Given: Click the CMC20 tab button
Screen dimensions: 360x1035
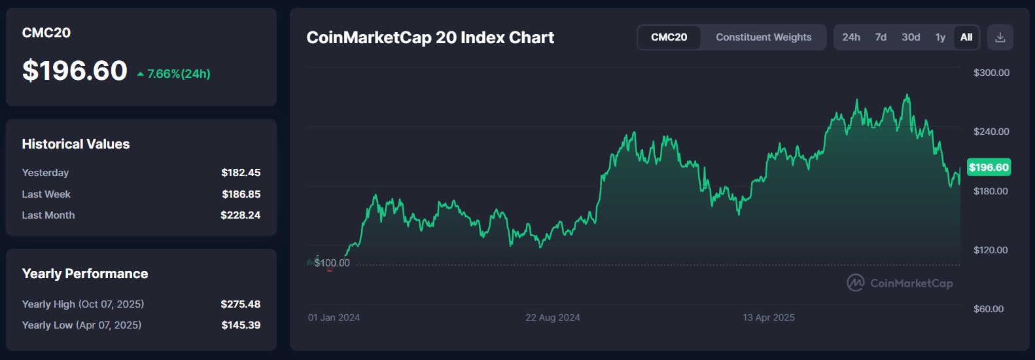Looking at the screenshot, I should [x=669, y=37].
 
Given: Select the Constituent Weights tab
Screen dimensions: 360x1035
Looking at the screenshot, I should [x=763, y=37].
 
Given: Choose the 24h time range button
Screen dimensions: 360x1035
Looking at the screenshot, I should [x=851, y=37].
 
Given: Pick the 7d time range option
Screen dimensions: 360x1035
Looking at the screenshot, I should [x=881, y=37].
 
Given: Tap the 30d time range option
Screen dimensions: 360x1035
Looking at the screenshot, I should [x=911, y=37].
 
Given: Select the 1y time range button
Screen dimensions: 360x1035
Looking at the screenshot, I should [x=940, y=37].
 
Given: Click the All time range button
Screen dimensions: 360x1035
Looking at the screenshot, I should [x=966, y=37].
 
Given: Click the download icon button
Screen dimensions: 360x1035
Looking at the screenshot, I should [x=1000, y=37].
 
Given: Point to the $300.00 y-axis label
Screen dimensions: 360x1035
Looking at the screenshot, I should [x=991, y=73].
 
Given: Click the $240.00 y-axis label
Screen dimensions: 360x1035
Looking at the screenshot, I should [x=991, y=132].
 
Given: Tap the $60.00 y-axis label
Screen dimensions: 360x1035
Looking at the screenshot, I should [x=988, y=309].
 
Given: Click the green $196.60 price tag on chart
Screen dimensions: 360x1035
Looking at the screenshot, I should [x=989, y=168].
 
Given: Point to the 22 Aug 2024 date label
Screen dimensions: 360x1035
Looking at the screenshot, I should [x=553, y=317].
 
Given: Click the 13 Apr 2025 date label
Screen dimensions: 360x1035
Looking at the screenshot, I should [x=769, y=317].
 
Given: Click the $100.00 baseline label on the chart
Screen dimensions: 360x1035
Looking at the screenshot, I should [x=332, y=263].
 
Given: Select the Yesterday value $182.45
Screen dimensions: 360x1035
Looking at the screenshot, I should [x=241, y=173].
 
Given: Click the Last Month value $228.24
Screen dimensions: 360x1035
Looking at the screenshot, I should [x=240, y=215].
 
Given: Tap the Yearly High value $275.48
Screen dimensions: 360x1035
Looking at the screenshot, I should [x=240, y=304].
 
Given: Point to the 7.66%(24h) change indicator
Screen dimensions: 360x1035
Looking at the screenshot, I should [x=174, y=74].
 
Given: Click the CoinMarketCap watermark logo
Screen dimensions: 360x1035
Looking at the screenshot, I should [x=900, y=283].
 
